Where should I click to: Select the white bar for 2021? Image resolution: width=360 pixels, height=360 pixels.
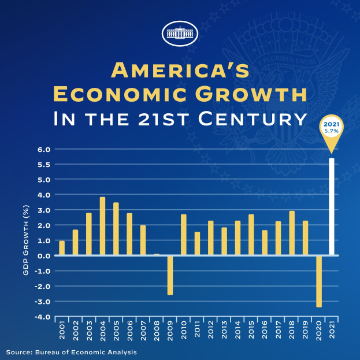[331, 206]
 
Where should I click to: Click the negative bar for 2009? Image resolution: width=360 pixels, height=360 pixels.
[170, 275]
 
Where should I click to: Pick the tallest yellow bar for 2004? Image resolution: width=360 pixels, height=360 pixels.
[102, 226]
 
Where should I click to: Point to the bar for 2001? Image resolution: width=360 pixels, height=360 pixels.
[62, 247]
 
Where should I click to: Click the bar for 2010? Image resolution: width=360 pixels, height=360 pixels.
[183, 235]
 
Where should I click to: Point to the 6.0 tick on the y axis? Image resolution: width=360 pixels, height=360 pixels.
[44, 150]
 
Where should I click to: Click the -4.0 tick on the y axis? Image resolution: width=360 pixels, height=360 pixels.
[44, 317]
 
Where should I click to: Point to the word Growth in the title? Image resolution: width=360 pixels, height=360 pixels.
[244, 94]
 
